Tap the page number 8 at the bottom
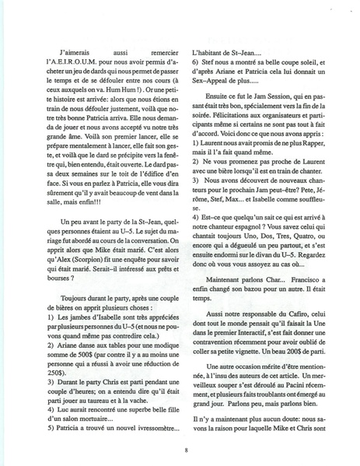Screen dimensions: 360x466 [186, 450]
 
